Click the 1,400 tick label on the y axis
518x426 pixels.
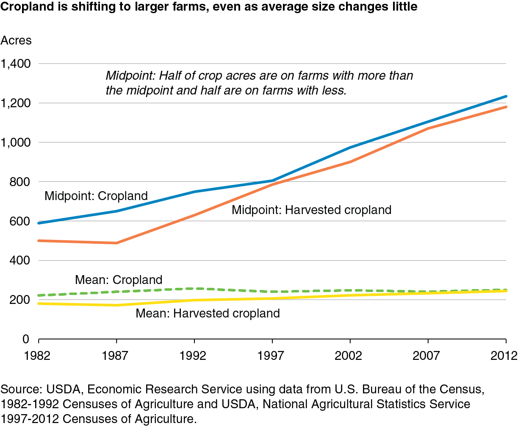coord(16,64)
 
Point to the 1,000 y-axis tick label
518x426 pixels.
coord(16,142)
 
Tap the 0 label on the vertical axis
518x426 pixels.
coord(26,339)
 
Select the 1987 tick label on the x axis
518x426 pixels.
coord(115,356)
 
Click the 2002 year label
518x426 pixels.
coord(348,356)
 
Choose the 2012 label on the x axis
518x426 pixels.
coord(504,356)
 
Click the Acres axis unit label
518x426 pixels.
coord(16,40)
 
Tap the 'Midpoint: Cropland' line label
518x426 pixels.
coord(96,196)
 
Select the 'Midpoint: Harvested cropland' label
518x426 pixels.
coord(311,210)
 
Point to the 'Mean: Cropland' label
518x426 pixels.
coord(119,280)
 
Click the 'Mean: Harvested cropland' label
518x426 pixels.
coord(208,313)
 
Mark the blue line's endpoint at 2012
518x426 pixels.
coord(506,96)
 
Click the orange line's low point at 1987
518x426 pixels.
coord(116,243)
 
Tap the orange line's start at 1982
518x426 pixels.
coord(39,241)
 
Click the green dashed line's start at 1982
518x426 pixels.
coord(39,295)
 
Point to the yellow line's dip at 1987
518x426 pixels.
coord(116,305)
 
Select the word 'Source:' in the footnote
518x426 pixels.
coord(21,389)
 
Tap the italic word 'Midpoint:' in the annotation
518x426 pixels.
coord(130,76)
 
